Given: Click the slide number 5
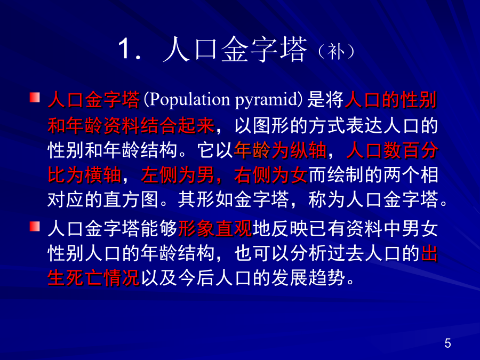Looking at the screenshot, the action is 447,343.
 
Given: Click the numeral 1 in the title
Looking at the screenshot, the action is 124,48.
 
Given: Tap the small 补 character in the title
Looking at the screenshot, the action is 336,51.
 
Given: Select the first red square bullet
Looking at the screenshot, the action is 35,98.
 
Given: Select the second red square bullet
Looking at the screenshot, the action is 35,227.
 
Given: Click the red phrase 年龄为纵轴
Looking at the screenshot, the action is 280,150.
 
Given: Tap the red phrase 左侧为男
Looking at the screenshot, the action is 177,175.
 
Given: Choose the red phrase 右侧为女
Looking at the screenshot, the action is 270,175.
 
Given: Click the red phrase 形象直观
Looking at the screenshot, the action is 215,229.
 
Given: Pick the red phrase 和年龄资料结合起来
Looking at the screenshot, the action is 131,125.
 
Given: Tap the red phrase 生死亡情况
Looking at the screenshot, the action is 94,278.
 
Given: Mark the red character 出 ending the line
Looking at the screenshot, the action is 429,253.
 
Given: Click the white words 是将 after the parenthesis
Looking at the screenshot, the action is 325,100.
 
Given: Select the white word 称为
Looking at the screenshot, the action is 326,199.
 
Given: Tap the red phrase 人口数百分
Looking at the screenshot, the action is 392,150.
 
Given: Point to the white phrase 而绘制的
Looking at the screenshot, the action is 345,175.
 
